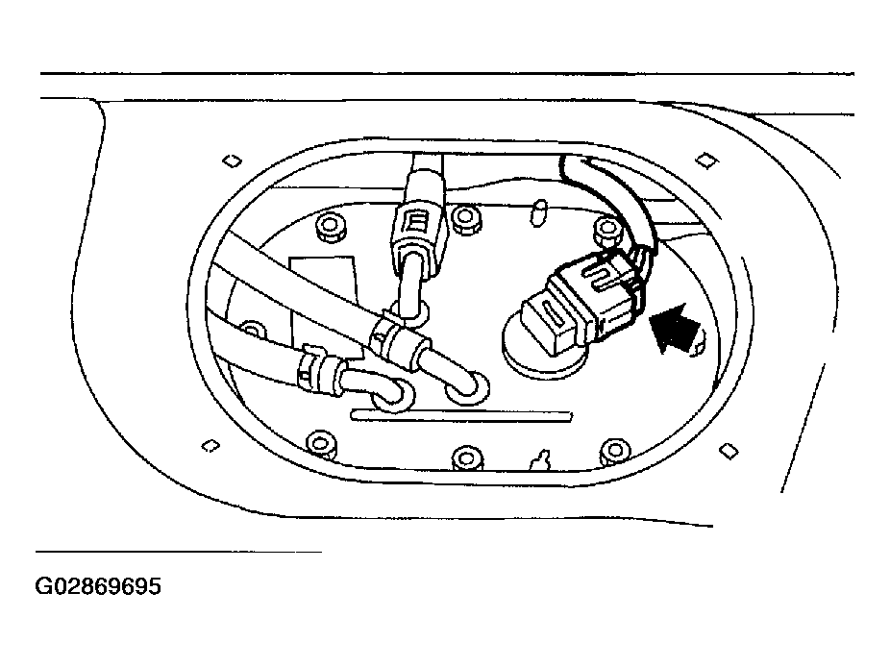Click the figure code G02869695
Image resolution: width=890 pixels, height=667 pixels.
click(98, 586)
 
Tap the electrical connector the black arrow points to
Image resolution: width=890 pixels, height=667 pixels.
click(584, 300)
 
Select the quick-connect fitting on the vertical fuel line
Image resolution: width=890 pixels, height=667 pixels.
click(416, 233)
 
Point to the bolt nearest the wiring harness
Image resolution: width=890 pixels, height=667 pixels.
click(607, 231)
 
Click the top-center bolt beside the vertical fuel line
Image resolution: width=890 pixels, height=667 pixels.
click(466, 218)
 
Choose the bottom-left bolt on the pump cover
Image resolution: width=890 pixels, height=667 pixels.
click(321, 443)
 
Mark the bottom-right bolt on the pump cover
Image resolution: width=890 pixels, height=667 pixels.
click(615, 452)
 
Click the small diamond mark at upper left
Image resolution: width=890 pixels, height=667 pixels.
click(232, 161)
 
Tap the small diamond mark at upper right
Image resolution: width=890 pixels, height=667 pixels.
click(706, 161)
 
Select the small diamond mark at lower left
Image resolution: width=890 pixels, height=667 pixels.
click(210, 446)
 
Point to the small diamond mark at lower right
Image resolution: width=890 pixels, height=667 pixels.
click(729, 452)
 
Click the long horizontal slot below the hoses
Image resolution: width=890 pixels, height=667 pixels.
click(461, 417)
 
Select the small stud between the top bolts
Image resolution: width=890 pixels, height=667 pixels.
click(538, 212)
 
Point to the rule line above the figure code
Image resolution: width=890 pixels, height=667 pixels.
click(179, 552)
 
